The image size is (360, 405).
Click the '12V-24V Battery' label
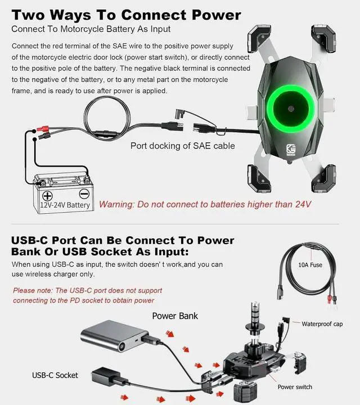click(65, 205)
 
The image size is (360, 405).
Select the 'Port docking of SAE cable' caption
click(183, 146)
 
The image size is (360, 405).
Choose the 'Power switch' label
click(295, 387)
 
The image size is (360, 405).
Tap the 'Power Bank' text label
click(175, 316)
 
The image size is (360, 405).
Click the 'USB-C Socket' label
click(55, 375)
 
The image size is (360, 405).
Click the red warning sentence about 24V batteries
click(205, 204)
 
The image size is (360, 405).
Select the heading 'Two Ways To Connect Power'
click(126, 15)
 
